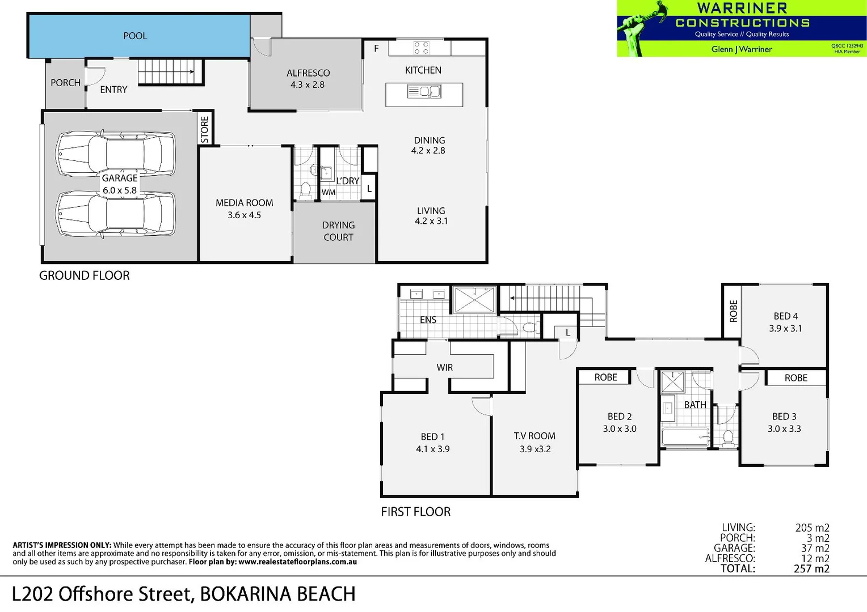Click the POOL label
click(x=135, y=36)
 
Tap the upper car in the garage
click(x=116, y=154)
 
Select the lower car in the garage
click(x=116, y=214)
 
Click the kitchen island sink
click(x=424, y=91)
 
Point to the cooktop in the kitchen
click(x=421, y=47)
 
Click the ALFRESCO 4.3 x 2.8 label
click(x=308, y=79)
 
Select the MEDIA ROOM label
click(x=244, y=203)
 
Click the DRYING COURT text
click(x=338, y=231)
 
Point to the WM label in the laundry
click(x=329, y=193)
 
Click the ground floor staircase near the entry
click(x=170, y=71)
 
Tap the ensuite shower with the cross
click(x=474, y=299)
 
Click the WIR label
click(x=444, y=368)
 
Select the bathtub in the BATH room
click(x=685, y=437)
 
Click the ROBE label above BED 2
click(x=605, y=377)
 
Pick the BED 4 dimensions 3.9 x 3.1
click(x=785, y=329)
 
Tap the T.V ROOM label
click(x=534, y=436)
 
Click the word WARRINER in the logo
click(x=742, y=8)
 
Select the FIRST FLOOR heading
click(x=415, y=512)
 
